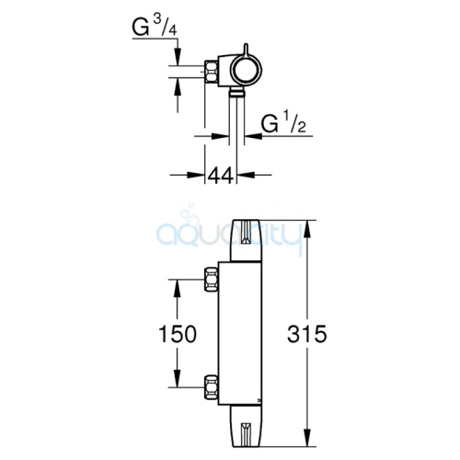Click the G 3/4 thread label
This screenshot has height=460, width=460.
155,28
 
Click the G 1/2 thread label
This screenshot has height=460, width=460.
283,123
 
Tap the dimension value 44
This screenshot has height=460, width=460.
221,176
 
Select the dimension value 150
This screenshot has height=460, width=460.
178,334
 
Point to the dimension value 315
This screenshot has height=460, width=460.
307,334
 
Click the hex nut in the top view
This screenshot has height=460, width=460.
212,72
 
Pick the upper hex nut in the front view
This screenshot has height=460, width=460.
212,279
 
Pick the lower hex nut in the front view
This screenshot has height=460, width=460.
212,387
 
